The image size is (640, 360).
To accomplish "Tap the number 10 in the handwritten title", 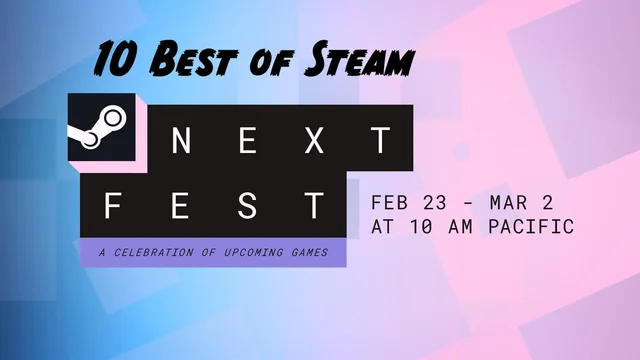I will point(116,61).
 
